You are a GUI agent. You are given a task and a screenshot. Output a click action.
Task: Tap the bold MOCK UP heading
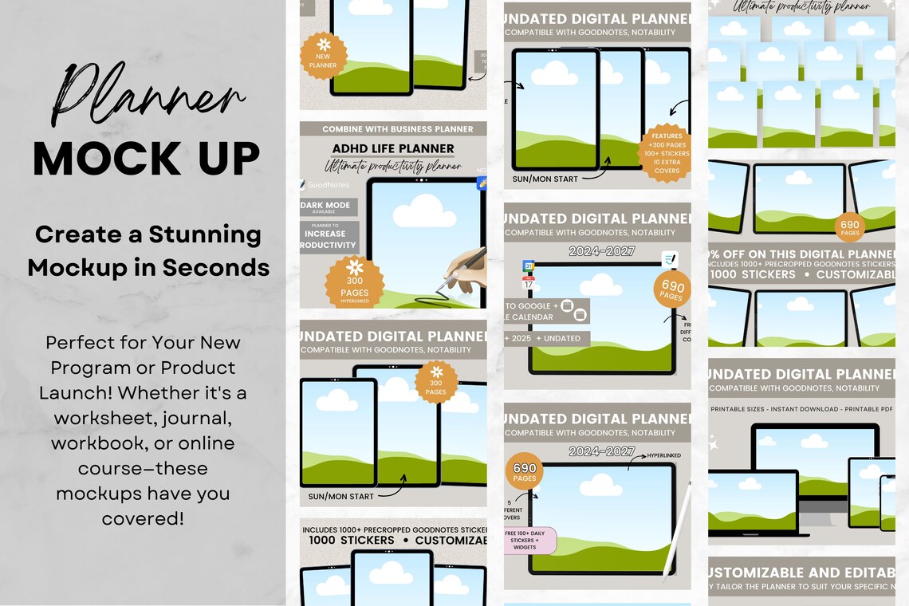click(x=146, y=159)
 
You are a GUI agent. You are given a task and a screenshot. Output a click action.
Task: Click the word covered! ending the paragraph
click(x=143, y=518)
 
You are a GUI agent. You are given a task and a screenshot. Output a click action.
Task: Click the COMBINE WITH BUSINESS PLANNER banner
click(x=397, y=129)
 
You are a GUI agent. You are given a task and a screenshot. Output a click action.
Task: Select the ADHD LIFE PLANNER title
click(x=393, y=149)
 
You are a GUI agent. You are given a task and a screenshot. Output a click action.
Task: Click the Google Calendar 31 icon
click(x=528, y=267)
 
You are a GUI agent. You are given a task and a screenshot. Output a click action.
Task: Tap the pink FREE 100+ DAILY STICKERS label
click(x=530, y=539)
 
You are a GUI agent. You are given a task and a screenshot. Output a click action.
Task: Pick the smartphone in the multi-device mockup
click(x=887, y=502)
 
